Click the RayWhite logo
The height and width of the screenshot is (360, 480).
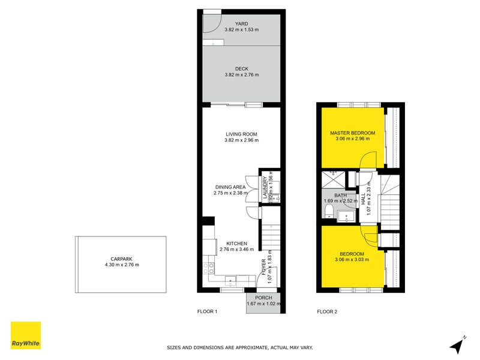(x=26, y=335)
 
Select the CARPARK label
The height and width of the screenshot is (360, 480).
(x=121, y=259)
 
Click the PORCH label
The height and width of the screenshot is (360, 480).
(x=263, y=298)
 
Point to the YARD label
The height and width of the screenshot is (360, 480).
(x=241, y=24)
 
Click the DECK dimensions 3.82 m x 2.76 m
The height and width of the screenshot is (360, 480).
(x=241, y=75)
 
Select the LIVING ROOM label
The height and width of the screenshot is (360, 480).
(x=241, y=134)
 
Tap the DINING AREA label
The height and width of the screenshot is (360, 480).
(x=230, y=187)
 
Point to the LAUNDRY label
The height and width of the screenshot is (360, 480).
(x=264, y=187)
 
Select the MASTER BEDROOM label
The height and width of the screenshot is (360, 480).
(x=352, y=133)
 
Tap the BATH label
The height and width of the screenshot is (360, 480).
(x=340, y=195)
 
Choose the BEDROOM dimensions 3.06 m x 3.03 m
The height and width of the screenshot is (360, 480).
(x=352, y=260)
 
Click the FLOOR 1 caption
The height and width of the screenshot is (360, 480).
(x=207, y=311)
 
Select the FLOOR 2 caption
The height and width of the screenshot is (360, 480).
(x=327, y=311)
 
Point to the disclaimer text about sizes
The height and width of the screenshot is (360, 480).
(x=239, y=347)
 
